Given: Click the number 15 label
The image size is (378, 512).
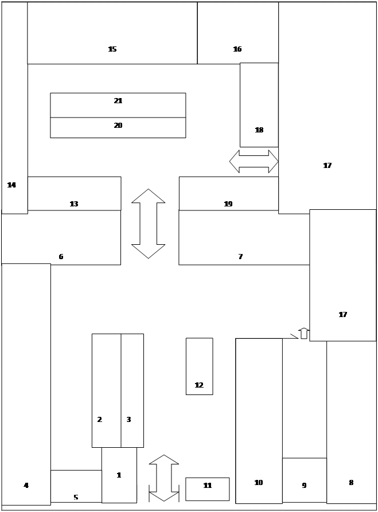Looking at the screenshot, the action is tap(112, 49).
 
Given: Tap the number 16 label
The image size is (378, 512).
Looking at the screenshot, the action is tap(237, 49).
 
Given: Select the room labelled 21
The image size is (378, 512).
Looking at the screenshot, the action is tap(118, 105).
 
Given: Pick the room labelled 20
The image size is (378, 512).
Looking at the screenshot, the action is tap(118, 128).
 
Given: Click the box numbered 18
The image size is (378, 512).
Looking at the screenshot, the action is tap(259, 105).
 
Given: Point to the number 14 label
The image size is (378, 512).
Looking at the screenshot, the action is tap(11, 185).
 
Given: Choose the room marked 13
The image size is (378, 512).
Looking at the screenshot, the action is tap(74, 194).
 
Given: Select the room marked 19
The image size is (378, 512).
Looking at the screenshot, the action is tap(229, 194).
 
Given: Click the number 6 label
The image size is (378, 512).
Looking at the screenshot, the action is tap(61, 257).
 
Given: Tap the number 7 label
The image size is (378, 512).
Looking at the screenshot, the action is tap(240, 257).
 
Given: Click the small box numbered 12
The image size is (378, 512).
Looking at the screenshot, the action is tap(199, 366).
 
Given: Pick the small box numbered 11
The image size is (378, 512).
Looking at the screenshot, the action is tap(208, 489).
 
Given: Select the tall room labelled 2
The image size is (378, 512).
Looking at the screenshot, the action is tap(107, 390).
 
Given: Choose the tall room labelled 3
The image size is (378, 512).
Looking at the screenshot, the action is tap(133, 390).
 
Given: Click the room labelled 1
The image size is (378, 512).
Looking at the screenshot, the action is tap(119, 475).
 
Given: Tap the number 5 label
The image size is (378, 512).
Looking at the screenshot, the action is tap(76, 497).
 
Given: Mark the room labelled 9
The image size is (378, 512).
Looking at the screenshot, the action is tap(305, 480).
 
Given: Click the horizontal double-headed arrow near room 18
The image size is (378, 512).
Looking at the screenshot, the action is tap(254, 161).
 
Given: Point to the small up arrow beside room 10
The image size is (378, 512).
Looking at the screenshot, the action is tap(304, 333).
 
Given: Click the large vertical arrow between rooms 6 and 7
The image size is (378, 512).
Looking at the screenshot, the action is tap(149, 224).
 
